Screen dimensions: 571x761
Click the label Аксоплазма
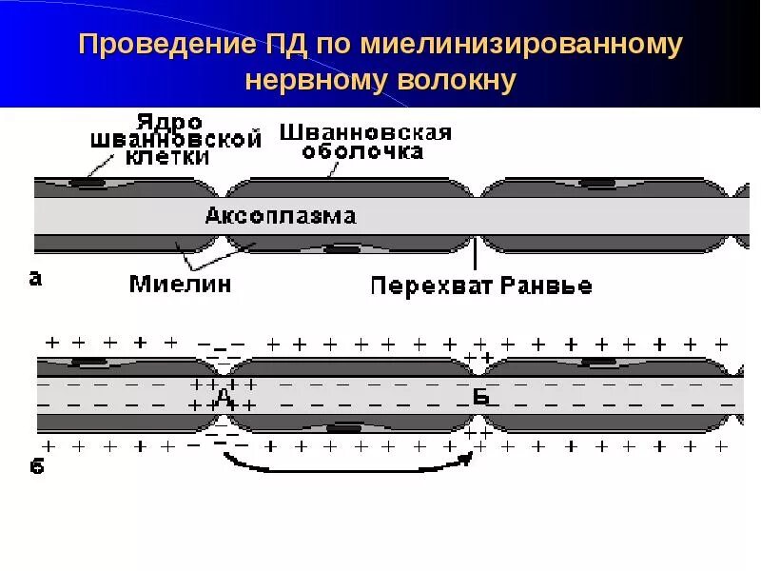click(x=281, y=216)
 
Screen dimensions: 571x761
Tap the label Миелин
click(x=180, y=283)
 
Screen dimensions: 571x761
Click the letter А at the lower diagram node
click(x=224, y=396)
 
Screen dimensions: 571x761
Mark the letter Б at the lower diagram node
click(x=480, y=398)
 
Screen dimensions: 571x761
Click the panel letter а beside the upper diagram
click(x=35, y=278)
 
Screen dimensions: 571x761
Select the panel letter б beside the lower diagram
click(x=37, y=466)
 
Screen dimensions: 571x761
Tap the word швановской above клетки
click(x=176, y=140)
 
